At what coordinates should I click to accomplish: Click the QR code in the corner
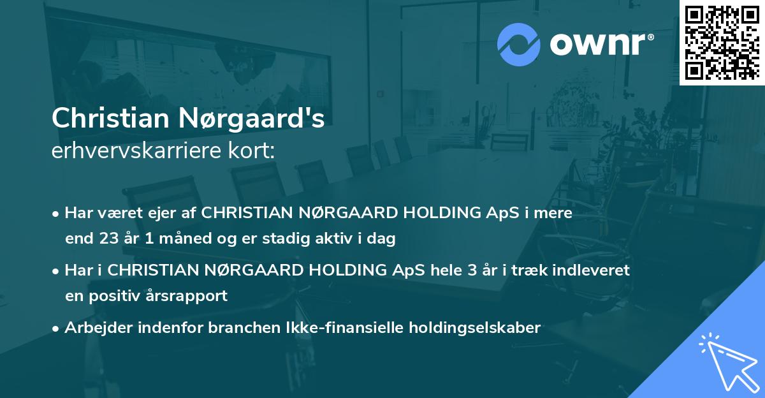(x=722, y=42)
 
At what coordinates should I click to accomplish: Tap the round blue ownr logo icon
(x=518, y=44)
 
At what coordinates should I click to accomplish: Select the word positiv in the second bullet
(x=117, y=295)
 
